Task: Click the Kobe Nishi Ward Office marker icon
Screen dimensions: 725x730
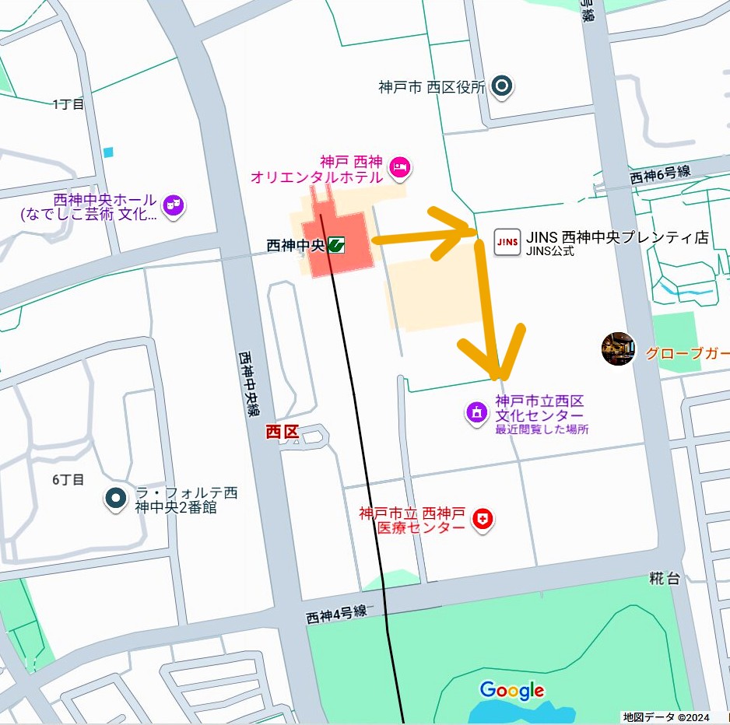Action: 503,86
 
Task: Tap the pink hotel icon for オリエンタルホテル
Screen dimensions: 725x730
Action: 399,166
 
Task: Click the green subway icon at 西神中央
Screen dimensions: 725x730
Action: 337,245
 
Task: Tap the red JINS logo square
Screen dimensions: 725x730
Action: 507,243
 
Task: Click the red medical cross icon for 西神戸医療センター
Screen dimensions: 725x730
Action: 483,520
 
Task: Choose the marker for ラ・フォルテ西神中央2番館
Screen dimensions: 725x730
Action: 116,498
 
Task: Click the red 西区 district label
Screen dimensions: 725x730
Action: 282,433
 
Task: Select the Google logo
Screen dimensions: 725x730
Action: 511,690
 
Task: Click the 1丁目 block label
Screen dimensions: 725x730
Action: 68,103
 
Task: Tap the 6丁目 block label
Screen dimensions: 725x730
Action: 68,479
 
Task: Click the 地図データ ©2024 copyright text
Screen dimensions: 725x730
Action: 666,716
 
